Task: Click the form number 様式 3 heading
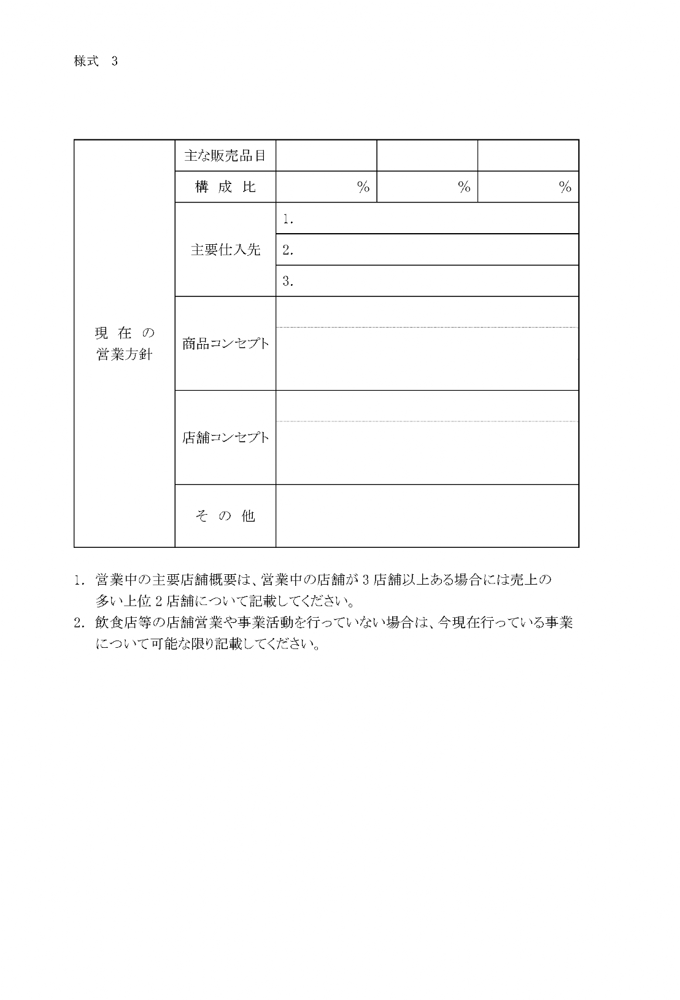[95, 61]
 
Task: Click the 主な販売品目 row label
[225, 155]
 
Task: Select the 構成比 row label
[225, 187]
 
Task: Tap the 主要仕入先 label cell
[225, 250]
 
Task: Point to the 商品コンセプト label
[225, 344]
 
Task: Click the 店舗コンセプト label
[225, 437]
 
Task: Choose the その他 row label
[225, 516]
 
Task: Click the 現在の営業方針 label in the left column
[125, 344]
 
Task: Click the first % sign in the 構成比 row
[363, 187]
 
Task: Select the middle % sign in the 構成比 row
[464, 187]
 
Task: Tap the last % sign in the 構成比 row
[565, 187]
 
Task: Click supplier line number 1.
[288, 218]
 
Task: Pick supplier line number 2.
[288, 250]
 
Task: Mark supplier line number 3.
[288, 281]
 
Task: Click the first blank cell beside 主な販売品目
[326, 155]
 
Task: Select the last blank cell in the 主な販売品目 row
[528, 155]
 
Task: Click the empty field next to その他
[427, 516]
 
